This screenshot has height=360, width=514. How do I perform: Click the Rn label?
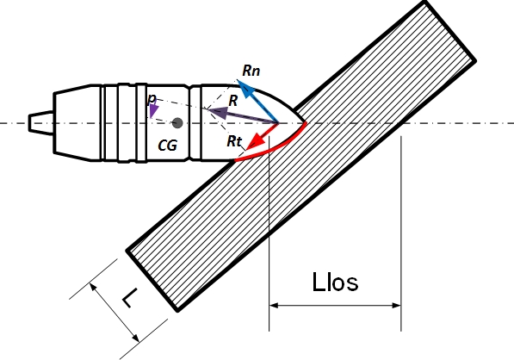click(251, 71)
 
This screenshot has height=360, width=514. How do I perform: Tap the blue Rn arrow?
click(257, 101)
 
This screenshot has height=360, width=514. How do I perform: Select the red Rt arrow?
click(263, 136)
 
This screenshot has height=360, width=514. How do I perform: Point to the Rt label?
click(234, 141)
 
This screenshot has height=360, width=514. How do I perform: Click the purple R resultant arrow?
click(242, 115)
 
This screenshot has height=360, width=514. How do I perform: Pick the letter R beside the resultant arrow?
click(232, 101)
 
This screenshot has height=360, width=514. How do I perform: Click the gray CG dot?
click(177, 123)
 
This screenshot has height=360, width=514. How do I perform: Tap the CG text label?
click(168, 146)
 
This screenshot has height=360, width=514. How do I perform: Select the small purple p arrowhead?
click(153, 111)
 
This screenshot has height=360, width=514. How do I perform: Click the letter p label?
click(152, 98)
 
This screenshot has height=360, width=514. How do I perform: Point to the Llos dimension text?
click(335, 282)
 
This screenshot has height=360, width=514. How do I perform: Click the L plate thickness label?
click(130, 298)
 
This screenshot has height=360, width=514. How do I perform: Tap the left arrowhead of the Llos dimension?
click(274, 306)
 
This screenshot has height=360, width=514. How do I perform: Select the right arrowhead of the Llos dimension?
click(396, 306)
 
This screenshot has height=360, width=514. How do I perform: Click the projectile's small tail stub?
click(41, 123)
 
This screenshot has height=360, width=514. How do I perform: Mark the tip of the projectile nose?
click(307, 123)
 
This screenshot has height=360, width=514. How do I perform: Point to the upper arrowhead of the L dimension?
click(94, 287)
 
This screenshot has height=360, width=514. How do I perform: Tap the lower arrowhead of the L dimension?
click(135, 338)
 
